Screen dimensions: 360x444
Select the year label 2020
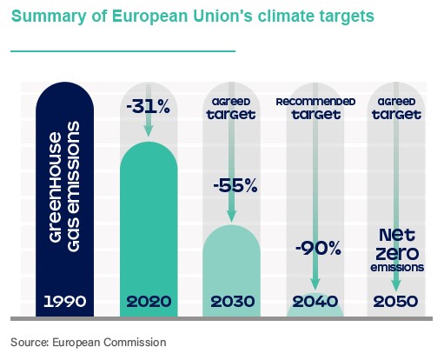click(x=149, y=302)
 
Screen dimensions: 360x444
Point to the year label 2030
click(x=231, y=302)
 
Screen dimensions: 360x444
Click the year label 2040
click(x=315, y=302)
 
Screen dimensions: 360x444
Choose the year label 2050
click(x=397, y=302)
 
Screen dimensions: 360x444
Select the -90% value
click(x=315, y=248)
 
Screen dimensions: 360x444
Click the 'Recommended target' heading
click(x=315, y=108)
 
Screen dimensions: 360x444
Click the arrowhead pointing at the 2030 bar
click(x=231, y=217)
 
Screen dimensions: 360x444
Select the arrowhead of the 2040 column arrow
click(x=315, y=285)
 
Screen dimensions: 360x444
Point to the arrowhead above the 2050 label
click(x=397, y=285)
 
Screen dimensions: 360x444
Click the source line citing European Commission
click(x=88, y=343)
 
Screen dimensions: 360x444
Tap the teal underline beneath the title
click(x=123, y=51)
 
